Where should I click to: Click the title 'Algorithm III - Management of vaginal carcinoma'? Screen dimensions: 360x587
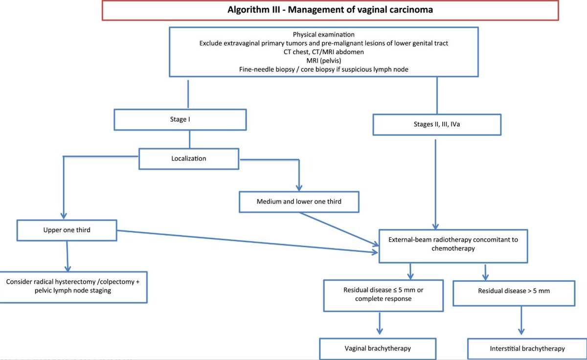330,10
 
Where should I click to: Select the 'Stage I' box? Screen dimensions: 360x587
180,119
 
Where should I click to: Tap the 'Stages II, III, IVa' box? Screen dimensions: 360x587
437,124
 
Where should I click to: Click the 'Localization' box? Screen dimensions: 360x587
189,159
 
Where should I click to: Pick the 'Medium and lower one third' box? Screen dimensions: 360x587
299,201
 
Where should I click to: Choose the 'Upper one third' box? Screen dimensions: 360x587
67,230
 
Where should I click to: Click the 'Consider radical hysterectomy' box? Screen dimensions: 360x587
73,287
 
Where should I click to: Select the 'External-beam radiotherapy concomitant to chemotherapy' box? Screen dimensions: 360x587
453,244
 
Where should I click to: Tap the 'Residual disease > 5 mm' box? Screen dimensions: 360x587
514,291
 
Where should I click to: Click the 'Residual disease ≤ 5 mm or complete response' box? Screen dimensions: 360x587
384,294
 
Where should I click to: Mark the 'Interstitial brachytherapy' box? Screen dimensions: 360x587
527,348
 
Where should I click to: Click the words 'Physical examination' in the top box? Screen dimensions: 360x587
323,35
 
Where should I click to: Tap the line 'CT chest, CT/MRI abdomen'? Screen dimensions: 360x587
323,51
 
